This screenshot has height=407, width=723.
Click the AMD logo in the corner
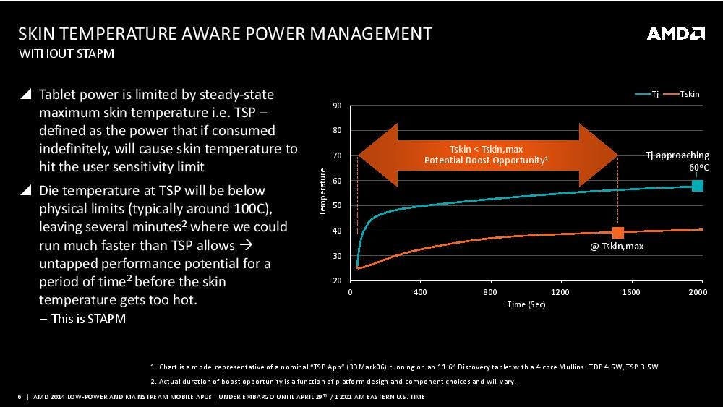[x=675, y=33]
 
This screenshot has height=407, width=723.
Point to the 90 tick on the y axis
[x=337, y=106]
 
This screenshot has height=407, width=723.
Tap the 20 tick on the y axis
[x=337, y=281]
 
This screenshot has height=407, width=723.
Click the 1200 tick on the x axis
[x=560, y=292]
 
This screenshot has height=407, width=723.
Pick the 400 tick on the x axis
[x=420, y=292]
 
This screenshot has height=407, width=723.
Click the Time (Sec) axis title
[x=526, y=304]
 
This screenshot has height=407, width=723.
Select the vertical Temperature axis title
[x=323, y=192]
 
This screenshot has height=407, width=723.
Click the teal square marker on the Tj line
[x=697, y=186]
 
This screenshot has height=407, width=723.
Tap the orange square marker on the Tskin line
[x=618, y=232]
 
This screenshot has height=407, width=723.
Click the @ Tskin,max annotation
[x=617, y=247]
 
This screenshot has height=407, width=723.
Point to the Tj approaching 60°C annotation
[x=677, y=161]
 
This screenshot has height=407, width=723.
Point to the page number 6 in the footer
[x=19, y=396]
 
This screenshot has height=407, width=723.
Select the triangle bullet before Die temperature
[x=26, y=191]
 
